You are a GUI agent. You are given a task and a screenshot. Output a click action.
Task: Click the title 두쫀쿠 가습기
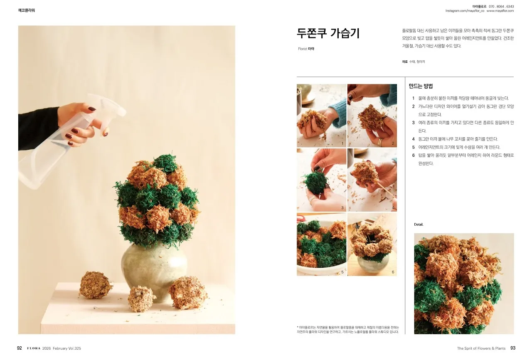328,33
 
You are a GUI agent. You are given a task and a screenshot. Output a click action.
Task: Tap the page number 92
19,348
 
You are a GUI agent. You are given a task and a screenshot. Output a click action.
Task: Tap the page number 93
513,348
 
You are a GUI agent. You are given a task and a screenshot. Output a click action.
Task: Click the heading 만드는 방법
421,86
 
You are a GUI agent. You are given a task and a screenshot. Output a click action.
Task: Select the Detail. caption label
419,225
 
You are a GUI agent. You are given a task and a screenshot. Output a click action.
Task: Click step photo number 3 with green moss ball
321,180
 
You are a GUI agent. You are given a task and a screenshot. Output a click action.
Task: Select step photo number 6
372,244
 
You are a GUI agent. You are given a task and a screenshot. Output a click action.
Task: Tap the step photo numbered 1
321,116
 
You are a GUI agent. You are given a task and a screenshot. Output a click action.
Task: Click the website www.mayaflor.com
500,11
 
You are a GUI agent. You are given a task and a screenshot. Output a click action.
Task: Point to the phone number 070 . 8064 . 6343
501,6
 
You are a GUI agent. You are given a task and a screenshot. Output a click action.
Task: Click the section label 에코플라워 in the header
27,10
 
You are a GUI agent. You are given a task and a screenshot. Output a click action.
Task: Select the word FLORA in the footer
34,348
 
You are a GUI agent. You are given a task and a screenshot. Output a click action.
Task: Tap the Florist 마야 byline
306,49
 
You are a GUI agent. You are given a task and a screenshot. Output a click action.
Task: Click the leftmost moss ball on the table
95,285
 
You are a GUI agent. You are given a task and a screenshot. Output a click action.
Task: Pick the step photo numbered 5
321,244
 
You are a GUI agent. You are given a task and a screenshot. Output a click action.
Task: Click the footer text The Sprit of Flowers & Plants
481,348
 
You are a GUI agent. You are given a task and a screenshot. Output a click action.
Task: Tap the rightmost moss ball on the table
188,293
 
